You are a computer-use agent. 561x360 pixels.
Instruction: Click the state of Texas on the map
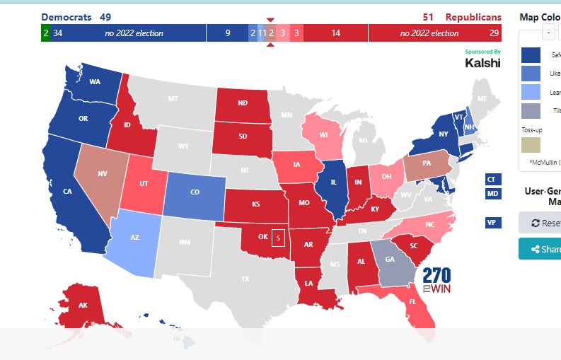[244, 279]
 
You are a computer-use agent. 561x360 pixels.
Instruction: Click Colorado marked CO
[195, 192]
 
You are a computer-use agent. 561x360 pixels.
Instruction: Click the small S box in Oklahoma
[279, 237]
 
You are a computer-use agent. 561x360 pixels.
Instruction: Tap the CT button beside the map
[493, 180]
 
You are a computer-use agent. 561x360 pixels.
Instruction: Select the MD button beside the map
[493, 194]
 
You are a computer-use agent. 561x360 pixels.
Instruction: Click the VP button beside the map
[493, 223]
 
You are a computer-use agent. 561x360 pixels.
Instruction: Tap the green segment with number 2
[45, 33]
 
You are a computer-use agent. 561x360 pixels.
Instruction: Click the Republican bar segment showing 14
[335, 33]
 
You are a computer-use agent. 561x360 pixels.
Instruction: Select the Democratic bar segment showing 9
[227, 33]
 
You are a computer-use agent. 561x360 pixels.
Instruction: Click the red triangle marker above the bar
[270, 20]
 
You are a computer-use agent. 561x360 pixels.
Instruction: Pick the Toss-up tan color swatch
[531, 145]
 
